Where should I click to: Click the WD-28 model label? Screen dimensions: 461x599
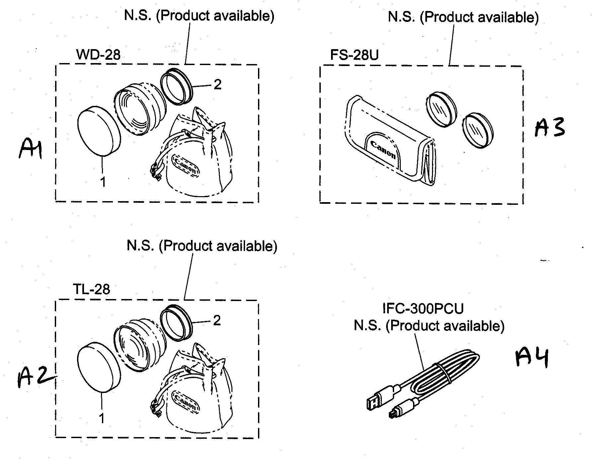98,55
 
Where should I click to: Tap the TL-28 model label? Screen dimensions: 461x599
91,289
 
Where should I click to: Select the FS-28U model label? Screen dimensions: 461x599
354,55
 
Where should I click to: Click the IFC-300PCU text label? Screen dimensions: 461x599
423,309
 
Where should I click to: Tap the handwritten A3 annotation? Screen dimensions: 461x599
550,128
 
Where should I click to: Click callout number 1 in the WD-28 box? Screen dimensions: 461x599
103,182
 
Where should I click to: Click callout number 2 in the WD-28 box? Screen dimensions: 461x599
217,85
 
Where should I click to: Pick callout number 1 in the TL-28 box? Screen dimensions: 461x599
102,418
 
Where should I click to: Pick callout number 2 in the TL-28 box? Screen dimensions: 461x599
217,321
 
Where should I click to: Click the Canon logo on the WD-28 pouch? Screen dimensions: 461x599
186,166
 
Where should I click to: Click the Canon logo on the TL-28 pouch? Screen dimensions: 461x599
186,402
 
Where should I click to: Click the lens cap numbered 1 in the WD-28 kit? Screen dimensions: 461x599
98,131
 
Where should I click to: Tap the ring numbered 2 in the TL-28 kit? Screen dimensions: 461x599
176,322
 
